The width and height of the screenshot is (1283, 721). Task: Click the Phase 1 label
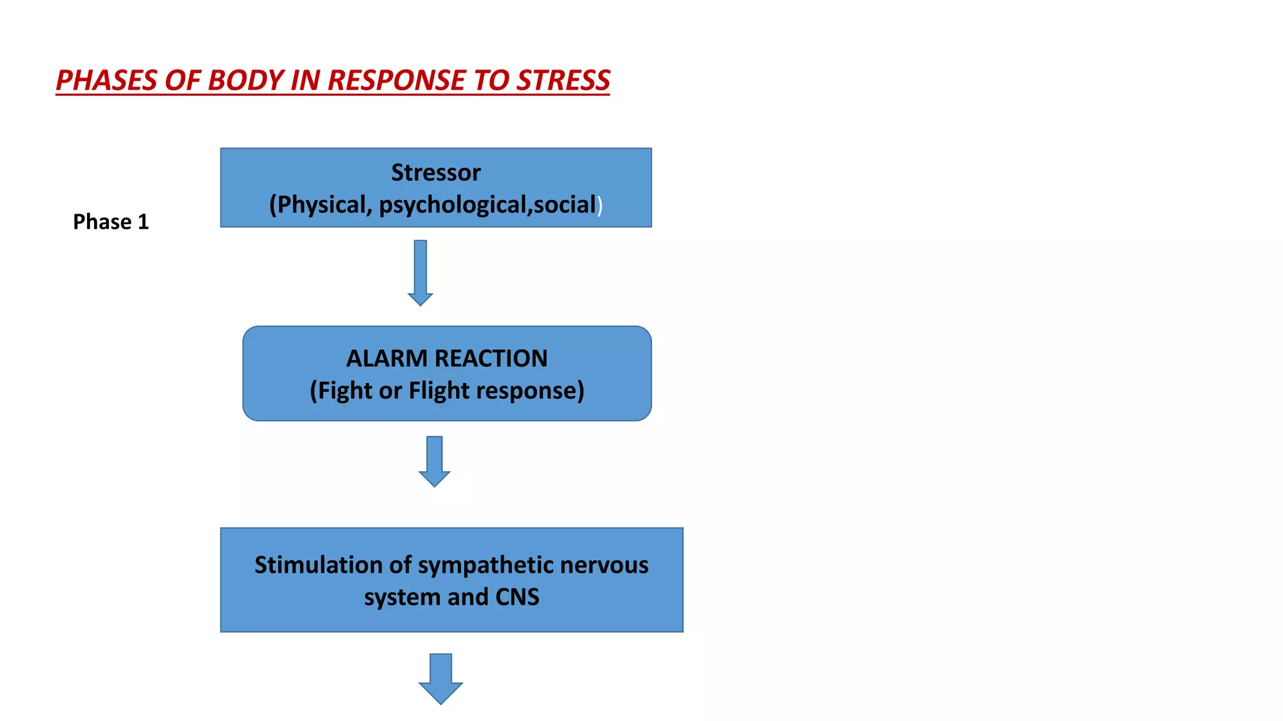[x=111, y=222]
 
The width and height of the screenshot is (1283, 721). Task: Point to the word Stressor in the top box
[x=435, y=172]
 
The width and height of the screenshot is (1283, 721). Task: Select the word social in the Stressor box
[x=564, y=205]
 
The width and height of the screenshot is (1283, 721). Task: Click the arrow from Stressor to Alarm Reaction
[x=420, y=273]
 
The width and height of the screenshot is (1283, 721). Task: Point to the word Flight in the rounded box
[x=439, y=391]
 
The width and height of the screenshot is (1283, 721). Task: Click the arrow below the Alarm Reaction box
[x=434, y=462]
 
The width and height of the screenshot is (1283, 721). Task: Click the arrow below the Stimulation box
[x=440, y=679]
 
